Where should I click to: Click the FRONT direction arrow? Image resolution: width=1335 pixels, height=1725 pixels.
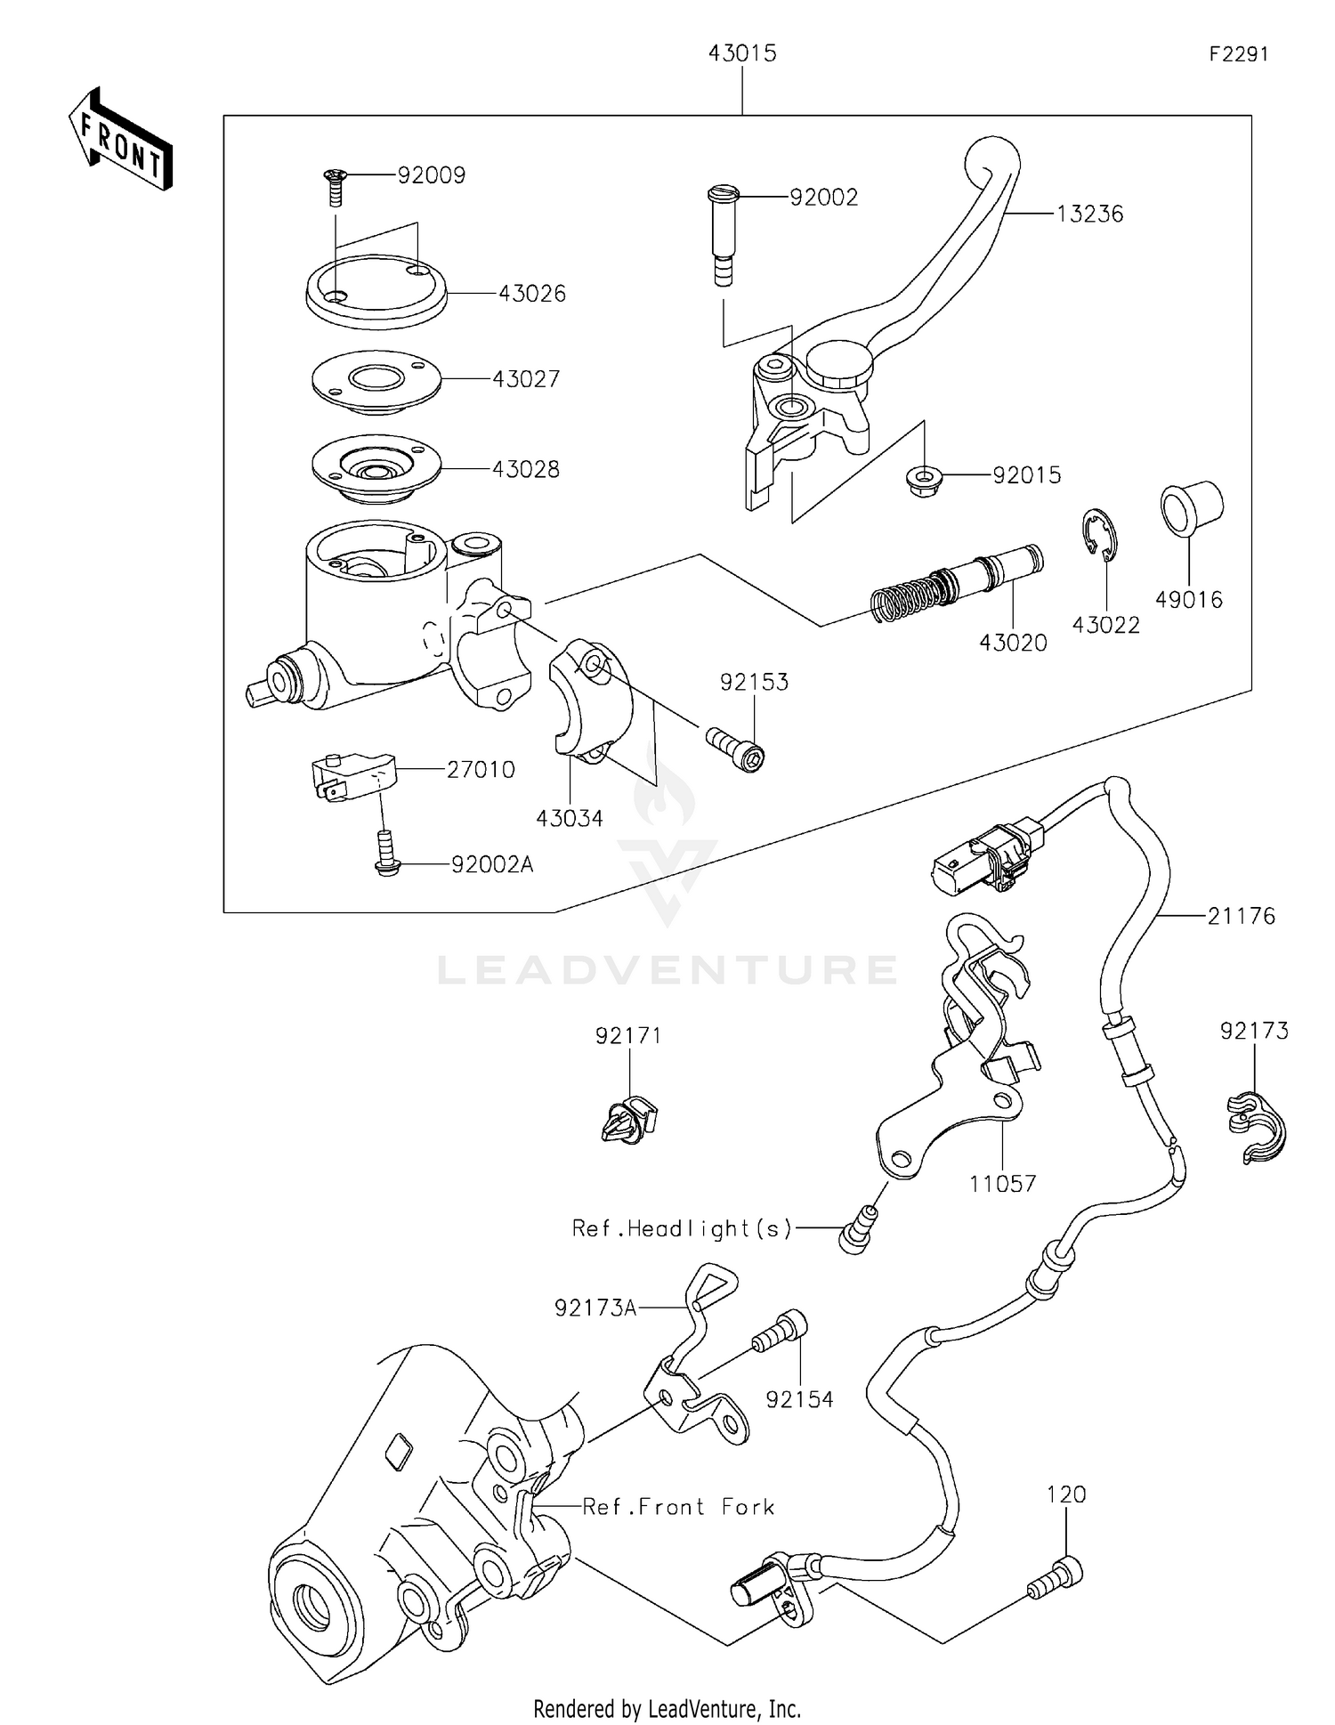[120, 140]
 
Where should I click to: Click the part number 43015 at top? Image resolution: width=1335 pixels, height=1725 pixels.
[741, 54]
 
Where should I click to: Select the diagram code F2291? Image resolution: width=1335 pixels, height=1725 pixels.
[1238, 54]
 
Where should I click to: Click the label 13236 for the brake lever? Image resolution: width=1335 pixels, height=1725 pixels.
[1089, 215]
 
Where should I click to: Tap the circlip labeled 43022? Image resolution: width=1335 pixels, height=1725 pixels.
[1101, 535]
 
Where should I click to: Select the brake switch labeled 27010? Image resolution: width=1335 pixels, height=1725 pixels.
[352, 777]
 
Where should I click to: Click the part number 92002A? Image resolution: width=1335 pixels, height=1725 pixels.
[491, 864]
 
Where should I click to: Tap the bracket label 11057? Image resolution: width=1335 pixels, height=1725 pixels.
[1002, 1184]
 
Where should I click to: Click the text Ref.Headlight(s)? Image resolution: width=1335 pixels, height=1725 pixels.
[682, 1228]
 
